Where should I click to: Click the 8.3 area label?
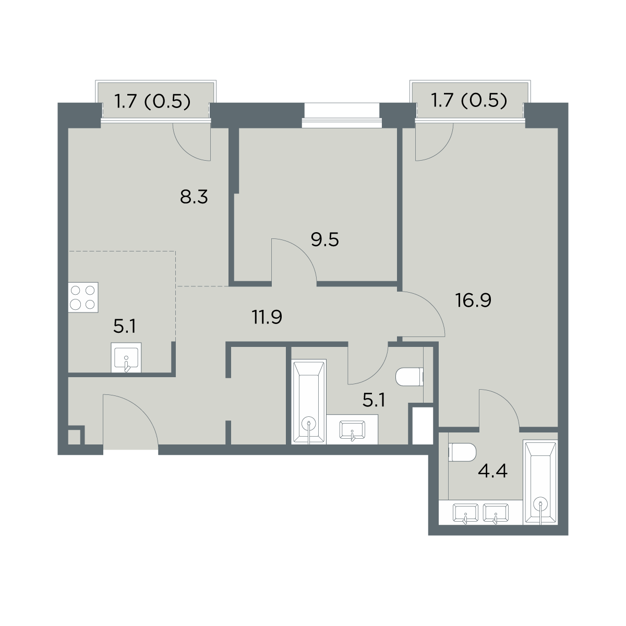coord(194,197)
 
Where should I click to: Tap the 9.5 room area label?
coord(325,240)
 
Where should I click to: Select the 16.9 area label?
coord(473,300)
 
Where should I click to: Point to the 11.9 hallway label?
coord(267,317)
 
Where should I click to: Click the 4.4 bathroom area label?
coord(492,471)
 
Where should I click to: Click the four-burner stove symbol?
coord(83,297)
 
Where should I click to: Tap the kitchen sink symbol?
coord(126,357)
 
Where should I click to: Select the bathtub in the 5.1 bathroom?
coord(309,402)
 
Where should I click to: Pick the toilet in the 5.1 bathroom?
coord(410,377)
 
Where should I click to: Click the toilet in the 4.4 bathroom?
coord(462,452)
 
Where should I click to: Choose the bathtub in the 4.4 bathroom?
coord(540,482)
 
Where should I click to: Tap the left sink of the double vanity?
coord(466,513)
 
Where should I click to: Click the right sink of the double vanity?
coord(496,513)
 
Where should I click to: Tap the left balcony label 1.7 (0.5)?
coord(152,101)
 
